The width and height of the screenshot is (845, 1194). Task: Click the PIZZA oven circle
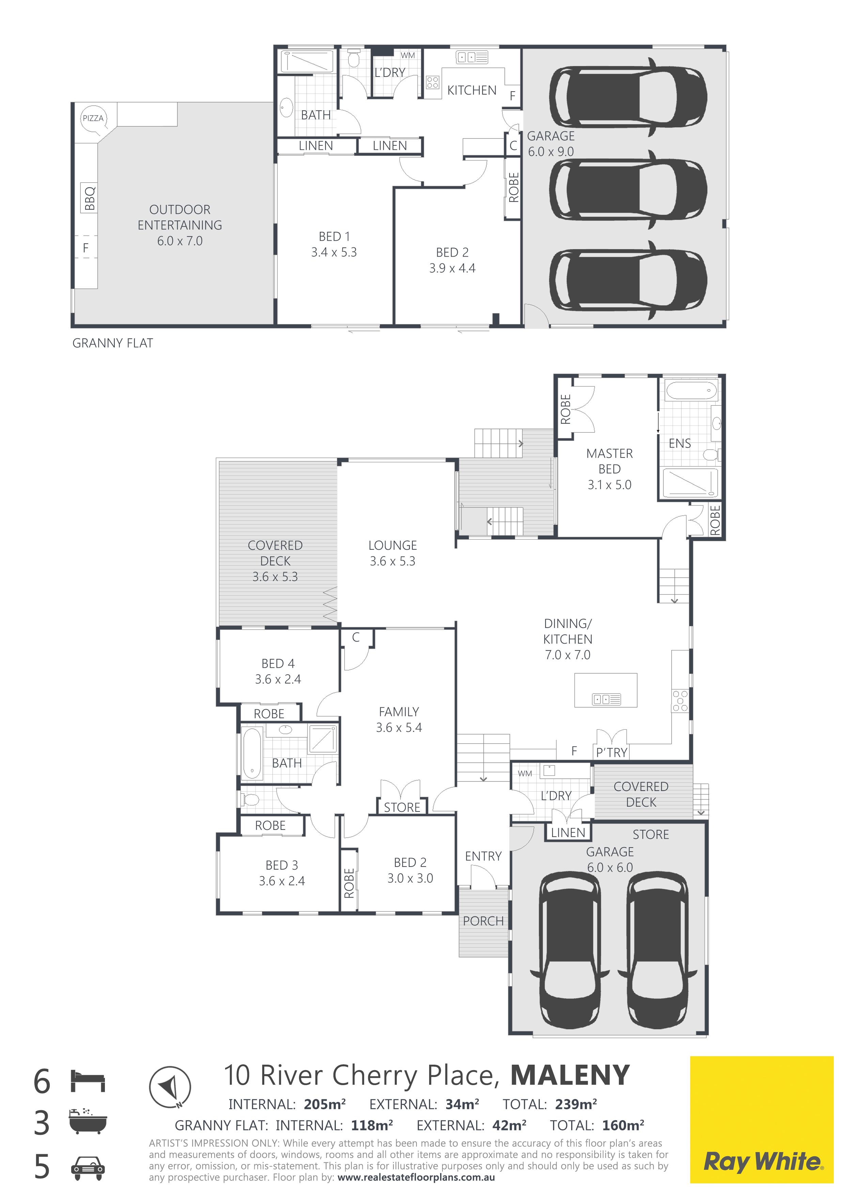[x=93, y=118]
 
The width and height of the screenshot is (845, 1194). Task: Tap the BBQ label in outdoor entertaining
[x=90, y=198]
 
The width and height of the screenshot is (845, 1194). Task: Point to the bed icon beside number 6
[x=88, y=1081]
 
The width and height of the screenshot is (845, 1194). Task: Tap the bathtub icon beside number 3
[x=88, y=1121]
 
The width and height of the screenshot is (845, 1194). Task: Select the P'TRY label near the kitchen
[x=612, y=753]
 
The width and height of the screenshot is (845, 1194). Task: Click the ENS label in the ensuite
[x=679, y=443]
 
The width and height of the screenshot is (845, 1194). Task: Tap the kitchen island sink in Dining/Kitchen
[x=607, y=699]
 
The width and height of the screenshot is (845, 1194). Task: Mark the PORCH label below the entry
[x=483, y=921]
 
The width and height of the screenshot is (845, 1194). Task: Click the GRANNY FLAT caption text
[x=112, y=343]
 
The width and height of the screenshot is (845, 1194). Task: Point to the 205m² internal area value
[x=325, y=1104]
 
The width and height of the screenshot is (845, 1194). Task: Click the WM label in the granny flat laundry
[x=408, y=55]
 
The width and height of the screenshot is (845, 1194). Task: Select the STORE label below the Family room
[x=402, y=808]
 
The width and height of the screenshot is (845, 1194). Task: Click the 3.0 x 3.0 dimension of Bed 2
[x=410, y=878]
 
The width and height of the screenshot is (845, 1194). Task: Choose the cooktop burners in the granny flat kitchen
[x=433, y=82]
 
